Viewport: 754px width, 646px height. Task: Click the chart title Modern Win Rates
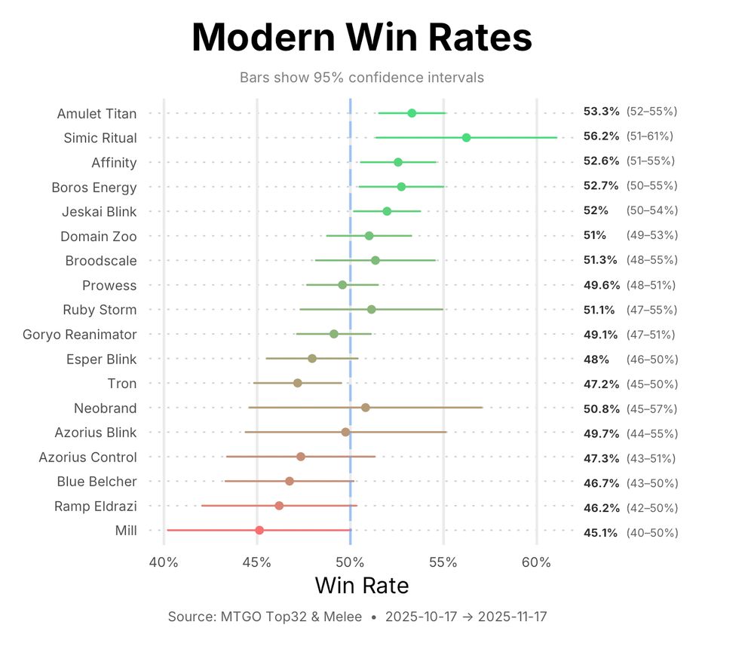pos(362,38)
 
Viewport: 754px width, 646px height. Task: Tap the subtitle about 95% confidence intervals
pos(362,78)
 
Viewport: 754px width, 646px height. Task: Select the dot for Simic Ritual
pos(466,137)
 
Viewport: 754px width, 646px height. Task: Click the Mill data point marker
pos(259,530)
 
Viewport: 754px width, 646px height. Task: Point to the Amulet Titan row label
pos(97,114)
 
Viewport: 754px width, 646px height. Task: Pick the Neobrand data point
pos(366,407)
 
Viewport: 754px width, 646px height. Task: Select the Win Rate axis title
pos(362,586)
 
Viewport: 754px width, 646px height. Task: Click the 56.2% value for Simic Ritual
pos(601,136)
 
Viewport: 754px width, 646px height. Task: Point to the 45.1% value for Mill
pos(601,532)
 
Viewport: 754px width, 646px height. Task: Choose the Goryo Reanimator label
pos(80,334)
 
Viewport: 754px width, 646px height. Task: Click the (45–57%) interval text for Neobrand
pos(651,409)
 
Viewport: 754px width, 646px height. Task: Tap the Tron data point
pos(298,383)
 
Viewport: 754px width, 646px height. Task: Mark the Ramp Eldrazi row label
pos(95,506)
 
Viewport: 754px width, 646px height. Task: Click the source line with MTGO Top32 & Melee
pos(357,617)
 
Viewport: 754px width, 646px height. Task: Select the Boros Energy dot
pos(401,186)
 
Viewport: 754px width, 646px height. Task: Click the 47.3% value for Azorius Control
pos(601,458)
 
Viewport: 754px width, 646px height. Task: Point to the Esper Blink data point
pos(312,358)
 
